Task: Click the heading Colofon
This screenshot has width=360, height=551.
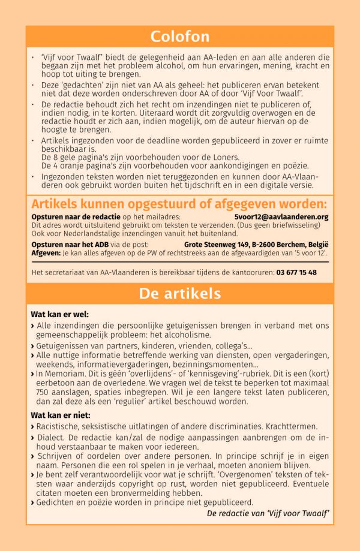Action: tap(180, 36)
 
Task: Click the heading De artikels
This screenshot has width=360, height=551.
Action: tap(180, 294)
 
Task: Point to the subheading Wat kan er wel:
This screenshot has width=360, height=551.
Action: tap(59, 314)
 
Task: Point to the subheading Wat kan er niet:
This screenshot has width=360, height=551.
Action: tap(61, 415)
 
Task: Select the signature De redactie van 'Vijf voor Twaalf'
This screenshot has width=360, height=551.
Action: tap(268, 513)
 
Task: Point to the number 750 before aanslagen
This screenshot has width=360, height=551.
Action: tap(38, 392)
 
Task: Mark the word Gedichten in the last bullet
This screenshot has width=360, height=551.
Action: tap(56, 502)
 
